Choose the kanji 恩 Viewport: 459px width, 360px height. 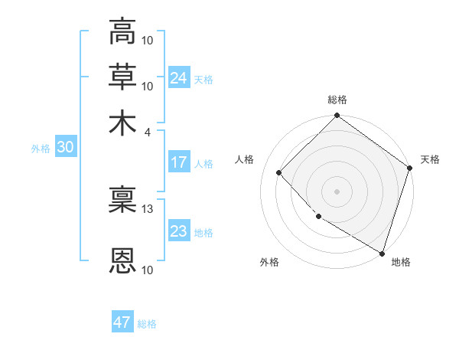pyautogui.click(x=122, y=260)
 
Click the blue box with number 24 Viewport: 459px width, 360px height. pyautogui.click(x=178, y=78)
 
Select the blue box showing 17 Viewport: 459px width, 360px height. pyautogui.click(x=178, y=162)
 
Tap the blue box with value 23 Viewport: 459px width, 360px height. pyautogui.click(x=178, y=231)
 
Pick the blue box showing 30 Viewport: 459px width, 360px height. pyautogui.click(x=65, y=148)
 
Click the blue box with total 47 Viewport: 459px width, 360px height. pyautogui.click(x=122, y=322)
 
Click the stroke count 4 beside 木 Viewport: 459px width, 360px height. pyautogui.click(x=148, y=131)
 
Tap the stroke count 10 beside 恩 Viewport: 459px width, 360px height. pyautogui.click(x=148, y=270)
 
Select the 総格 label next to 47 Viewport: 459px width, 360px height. pyautogui.click(x=147, y=324)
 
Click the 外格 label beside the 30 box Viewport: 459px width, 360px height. pyautogui.click(x=40, y=149)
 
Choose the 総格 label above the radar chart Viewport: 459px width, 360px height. pyautogui.click(x=337, y=100)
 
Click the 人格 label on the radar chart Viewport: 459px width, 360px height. pyautogui.click(x=245, y=159)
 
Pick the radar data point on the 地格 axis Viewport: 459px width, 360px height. pyautogui.click(x=382, y=253)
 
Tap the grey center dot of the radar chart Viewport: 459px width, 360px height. pyautogui.click(x=337, y=191)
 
